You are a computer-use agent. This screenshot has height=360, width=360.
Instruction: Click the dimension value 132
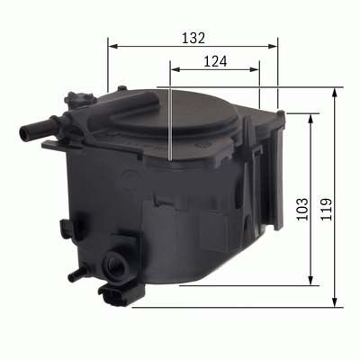(193, 38)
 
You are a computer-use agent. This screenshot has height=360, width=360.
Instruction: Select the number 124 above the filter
(214, 62)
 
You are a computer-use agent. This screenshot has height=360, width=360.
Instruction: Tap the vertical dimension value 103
(301, 210)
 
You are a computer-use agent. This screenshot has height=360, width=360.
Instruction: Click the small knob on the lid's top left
(91, 96)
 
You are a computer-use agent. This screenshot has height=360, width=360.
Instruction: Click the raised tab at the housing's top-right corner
(280, 116)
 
